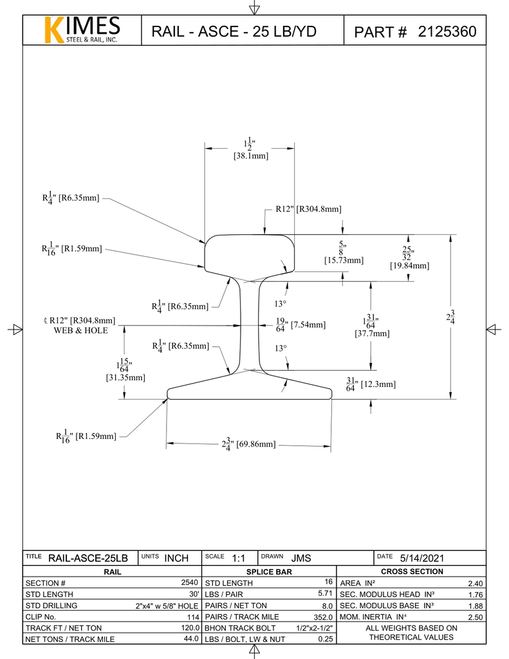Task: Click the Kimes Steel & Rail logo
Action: tap(82, 30)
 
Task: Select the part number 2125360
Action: tap(447, 32)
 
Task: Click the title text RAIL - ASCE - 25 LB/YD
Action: tap(234, 32)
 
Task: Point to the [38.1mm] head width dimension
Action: tap(250, 156)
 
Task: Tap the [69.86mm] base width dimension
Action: tap(257, 444)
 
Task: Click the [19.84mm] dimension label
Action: tap(409, 265)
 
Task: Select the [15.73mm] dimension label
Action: tap(344, 260)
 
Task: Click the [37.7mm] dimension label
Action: tap(372, 333)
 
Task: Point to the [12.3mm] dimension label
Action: tap(378, 384)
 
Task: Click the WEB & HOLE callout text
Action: tap(80, 330)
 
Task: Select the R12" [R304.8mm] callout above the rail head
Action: tap(308, 209)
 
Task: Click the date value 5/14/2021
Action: tap(421, 558)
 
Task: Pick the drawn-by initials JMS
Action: tap(301, 558)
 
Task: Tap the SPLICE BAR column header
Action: tap(269, 571)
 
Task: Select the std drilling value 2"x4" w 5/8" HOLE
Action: tap(167, 606)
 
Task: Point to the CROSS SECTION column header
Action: tap(412, 571)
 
